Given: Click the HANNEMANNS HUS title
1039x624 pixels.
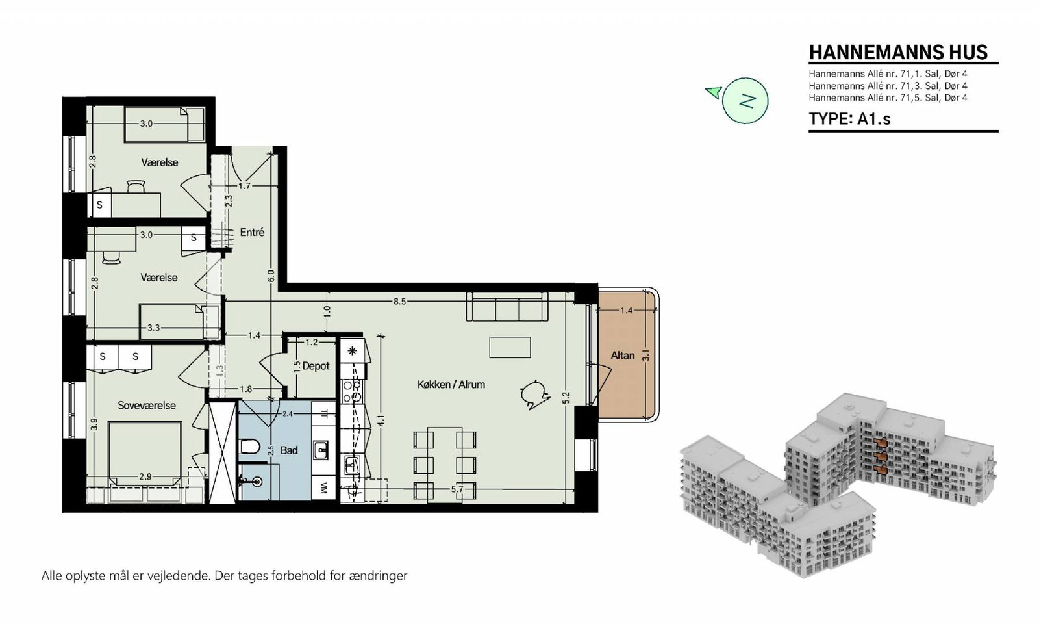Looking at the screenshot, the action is (x=899, y=53).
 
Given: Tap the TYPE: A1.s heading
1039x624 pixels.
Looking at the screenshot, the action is (x=850, y=119).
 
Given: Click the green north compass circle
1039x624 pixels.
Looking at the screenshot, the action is (x=745, y=100).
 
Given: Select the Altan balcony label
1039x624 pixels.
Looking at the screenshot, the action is (x=623, y=355).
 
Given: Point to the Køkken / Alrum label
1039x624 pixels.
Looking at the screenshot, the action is (x=451, y=384).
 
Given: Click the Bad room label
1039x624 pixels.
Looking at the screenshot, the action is (x=289, y=450).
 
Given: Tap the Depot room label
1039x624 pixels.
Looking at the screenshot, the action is (x=316, y=366).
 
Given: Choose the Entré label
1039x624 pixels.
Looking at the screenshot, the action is (x=252, y=232).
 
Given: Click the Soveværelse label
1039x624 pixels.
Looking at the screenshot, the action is (x=147, y=406).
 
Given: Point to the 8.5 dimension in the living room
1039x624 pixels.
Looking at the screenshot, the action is (x=399, y=302).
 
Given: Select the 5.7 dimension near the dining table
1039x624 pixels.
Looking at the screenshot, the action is (x=457, y=489).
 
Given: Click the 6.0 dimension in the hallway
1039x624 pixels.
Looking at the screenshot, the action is (x=271, y=276).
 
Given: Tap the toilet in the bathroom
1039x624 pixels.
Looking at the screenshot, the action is (x=249, y=447).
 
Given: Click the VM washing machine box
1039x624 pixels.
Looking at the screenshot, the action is (x=324, y=488).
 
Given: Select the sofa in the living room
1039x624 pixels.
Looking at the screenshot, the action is (x=507, y=306).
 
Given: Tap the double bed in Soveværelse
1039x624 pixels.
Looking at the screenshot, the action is (x=144, y=454).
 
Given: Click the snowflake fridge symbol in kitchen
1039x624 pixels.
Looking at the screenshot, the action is (x=353, y=351).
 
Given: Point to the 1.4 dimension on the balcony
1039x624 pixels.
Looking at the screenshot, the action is (x=626, y=310).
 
